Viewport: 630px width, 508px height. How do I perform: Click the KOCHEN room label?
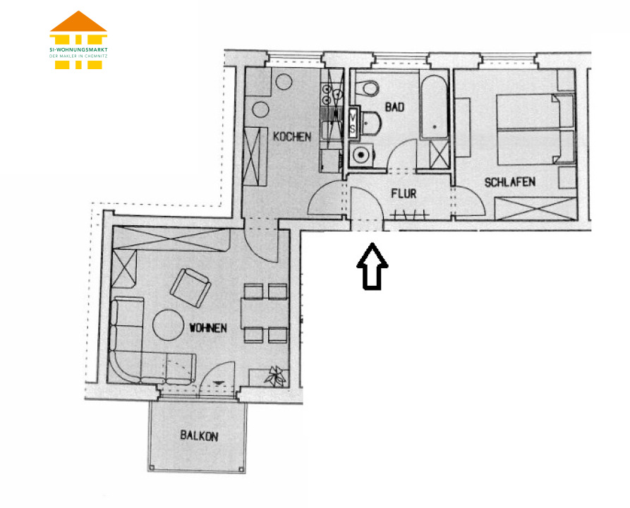(x=292, y=137)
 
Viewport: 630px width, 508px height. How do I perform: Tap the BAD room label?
(x=394, y=107)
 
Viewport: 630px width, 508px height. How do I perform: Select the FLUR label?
(x=404, y=194)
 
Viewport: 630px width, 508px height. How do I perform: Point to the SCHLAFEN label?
(x=510, y=183)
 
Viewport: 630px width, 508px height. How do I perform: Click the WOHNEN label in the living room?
(x=208, y=328)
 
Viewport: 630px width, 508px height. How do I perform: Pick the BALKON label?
(x=199, y=435)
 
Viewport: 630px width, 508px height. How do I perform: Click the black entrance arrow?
(x=372, y=266)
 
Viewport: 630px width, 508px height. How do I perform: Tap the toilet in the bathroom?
(x=368, y=88)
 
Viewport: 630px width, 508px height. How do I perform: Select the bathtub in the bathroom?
(x=435, y=107)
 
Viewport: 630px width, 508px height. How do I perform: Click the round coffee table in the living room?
(x=167, y=325)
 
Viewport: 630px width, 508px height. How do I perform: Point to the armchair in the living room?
(x=191, y=288)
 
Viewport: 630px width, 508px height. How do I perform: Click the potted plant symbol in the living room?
(x=276, y=377)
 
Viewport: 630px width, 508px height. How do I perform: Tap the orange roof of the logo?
(x=78, y=21)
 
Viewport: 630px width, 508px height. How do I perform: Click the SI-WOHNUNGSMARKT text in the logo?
(x=78, y=50)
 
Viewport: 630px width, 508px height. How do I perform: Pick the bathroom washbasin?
(x=370, y=123)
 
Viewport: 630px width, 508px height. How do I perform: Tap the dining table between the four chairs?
(x=265, y=313)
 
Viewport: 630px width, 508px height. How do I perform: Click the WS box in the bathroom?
(x=353, y=122)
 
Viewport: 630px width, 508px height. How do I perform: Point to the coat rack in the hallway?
(x=409, y=215)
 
